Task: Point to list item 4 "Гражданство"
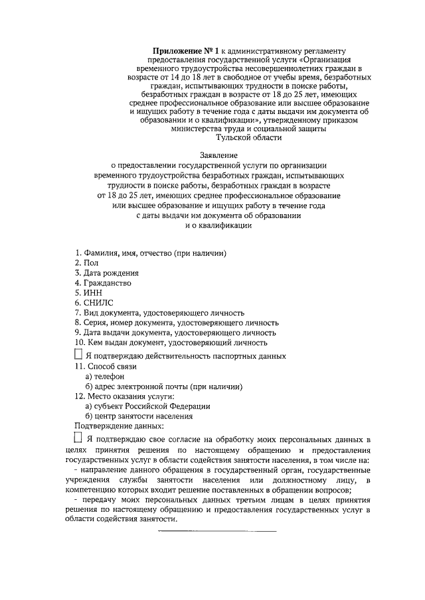pos(103,283)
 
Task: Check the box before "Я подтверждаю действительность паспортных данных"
pos(78,355)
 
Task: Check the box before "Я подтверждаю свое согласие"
pos(78,438)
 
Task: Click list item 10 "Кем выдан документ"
pos(171,343)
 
